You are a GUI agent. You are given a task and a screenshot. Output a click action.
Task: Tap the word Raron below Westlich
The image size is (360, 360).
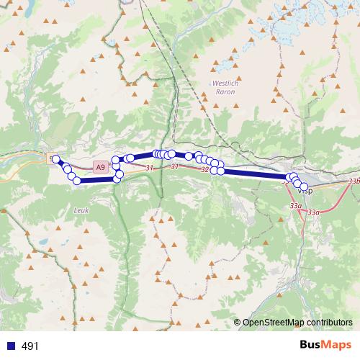225,93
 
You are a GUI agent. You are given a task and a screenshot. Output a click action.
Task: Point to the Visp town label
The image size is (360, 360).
305,192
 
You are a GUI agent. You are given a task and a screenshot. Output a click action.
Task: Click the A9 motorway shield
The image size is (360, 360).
99,167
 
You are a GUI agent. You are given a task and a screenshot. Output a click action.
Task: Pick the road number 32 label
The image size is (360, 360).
204,170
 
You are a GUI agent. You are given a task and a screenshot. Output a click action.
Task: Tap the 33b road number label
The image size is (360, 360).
354,181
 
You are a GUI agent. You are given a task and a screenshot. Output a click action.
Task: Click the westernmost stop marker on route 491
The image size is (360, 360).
55,158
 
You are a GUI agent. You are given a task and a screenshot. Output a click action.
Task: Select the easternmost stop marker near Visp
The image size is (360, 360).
304,187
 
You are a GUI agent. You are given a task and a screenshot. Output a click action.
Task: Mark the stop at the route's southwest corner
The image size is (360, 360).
77,181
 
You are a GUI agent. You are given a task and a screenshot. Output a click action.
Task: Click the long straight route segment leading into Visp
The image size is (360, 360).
252,174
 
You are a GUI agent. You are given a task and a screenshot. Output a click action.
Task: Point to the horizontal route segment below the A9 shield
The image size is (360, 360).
96,181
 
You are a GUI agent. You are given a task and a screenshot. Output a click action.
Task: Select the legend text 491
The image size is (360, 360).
30,346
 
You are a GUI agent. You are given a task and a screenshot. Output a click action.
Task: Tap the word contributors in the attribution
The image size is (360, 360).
332,323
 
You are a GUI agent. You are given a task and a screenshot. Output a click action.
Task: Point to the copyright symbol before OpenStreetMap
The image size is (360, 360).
238,323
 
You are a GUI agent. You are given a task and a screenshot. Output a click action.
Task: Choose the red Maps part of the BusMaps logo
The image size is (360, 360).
338,345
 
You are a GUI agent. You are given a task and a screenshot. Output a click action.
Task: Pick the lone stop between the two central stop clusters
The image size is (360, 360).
189,156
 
